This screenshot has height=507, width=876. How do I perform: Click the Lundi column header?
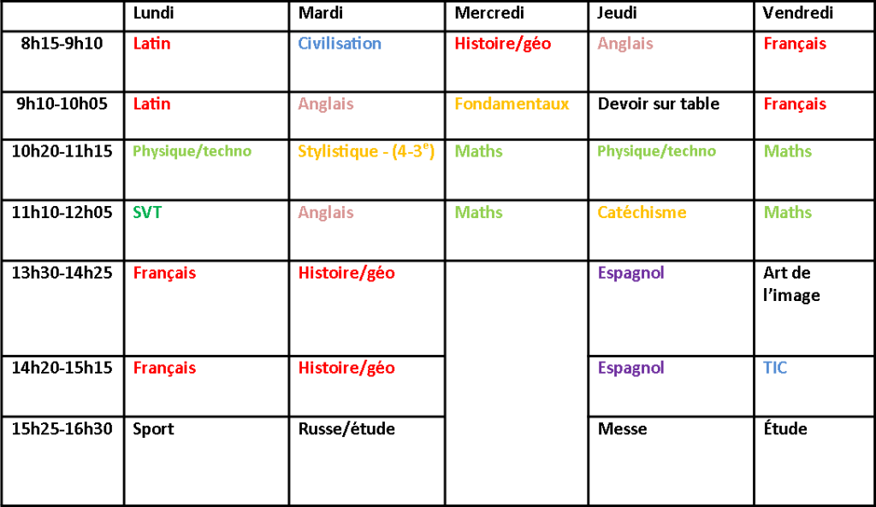pyautogui.click(x=153, y=13)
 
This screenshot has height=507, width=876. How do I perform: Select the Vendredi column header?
pyautogui.click(x=798, y=13)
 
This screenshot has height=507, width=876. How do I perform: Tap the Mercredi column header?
pyautogui.click(x=489, y=13)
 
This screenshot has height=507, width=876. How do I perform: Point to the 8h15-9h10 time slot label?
pyautogui.click(x=62, y=44)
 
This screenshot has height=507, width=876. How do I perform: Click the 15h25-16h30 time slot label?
pyautogui.click(x=62, y=429)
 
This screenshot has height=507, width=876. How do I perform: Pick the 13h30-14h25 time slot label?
pyautogui.click(x=62, y=273)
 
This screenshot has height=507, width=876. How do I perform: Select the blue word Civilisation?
pyautogui.click(x=340, y=44)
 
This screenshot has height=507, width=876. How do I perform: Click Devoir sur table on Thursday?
pyautogui.click(x=659, y=103)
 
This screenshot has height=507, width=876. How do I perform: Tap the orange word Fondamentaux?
pyautogui.click(x=512, y=103)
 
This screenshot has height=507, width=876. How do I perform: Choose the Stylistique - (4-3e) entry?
pyautogui.click(x=366, y=151)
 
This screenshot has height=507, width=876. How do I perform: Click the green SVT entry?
pyautogui.click(x=147, y=213)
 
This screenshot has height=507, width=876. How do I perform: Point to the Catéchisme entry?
pyautogui.click(x=642, y=213)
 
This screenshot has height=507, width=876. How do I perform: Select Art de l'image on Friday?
pyautogui.click(x=791, y=284)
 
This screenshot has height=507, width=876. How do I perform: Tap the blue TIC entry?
pyautogui.click(x=775, y=368)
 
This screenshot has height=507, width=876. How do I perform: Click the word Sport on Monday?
pyautogui.click(x=154, y=429)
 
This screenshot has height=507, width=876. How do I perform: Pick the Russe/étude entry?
pyautogui.click(x=347, y=429)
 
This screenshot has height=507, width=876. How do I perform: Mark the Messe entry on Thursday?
pyautogui.click(x=623, y=429)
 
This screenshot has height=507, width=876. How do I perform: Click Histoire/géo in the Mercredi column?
pyautogui.click(x=503, y=44)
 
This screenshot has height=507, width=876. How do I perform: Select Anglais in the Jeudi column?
pyautogui.click(x=625, y=44)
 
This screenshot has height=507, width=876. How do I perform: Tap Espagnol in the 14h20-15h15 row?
pyautogui.click(x=631, y=368)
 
